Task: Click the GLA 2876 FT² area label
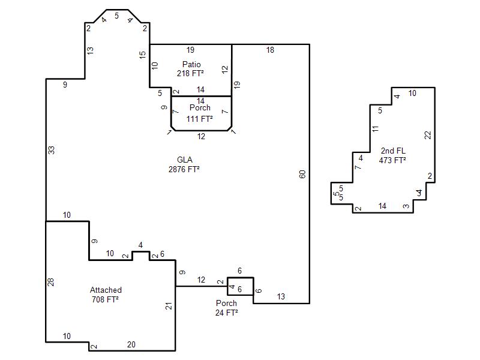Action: pyautogui.click(x=184, y=164)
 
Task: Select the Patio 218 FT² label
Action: pyautogui.click(x=191, y=69)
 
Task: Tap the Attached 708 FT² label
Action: pyautogui.click(x=106, y=295)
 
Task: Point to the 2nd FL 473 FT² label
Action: pyautogui.click(x=393, y=155)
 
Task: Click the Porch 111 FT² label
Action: pyautogui.click(x=200, y=113)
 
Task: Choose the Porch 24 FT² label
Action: pyautogui.click(x=227, y=308)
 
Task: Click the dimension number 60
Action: pyautogui.click(x=302, y=175)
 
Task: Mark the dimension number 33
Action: pyautogui.click(x=52, y=151)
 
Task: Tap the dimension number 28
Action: pyautogui.click(x=51, y=282)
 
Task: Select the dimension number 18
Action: pyautogui.click(x=270, y=50)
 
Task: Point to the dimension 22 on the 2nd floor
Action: pyautogui.click(x=428, y=135)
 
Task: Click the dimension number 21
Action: pyautogui.click(x=169, y=306)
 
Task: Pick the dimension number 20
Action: pyautogui.click(x=131, y=344)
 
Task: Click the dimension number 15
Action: pyautogui.click(x=142, y=55)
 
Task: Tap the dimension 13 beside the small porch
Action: pyautogui.click(x=281, y=296)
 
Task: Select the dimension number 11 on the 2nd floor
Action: pyautogui.click(x=376, y=129)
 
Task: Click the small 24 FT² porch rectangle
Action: pyautogui.click(x=241, y=286)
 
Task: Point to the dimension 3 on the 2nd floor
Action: pyautogui.click(x=406, y=206)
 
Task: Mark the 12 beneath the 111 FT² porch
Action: pyautogui.click(x=201, y=136)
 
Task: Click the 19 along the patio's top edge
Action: pyautogui.click(x=190, y=50)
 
